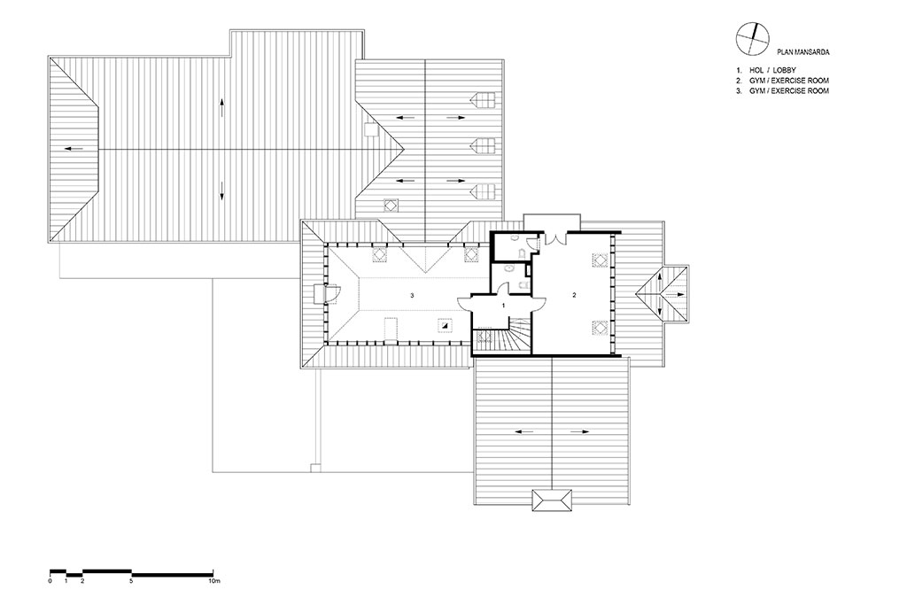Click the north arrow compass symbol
click(x=753, y=39)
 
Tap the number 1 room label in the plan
click(x=503, y=304)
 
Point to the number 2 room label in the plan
click(x=574, y=295)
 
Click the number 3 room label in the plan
click(x=412, y=296)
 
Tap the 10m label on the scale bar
click(x=214, y=580)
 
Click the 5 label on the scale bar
click(x=132, y=580)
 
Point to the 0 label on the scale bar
click(x=50, y=580)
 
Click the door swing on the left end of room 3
click(x=334, y=294)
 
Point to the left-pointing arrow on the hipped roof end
click(x=74, y=149)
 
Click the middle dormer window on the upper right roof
click(x=485, y=145)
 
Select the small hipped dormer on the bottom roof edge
click(x=553, y=500)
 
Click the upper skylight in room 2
click(x=599, y=260)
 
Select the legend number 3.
click(x=739, y=91)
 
